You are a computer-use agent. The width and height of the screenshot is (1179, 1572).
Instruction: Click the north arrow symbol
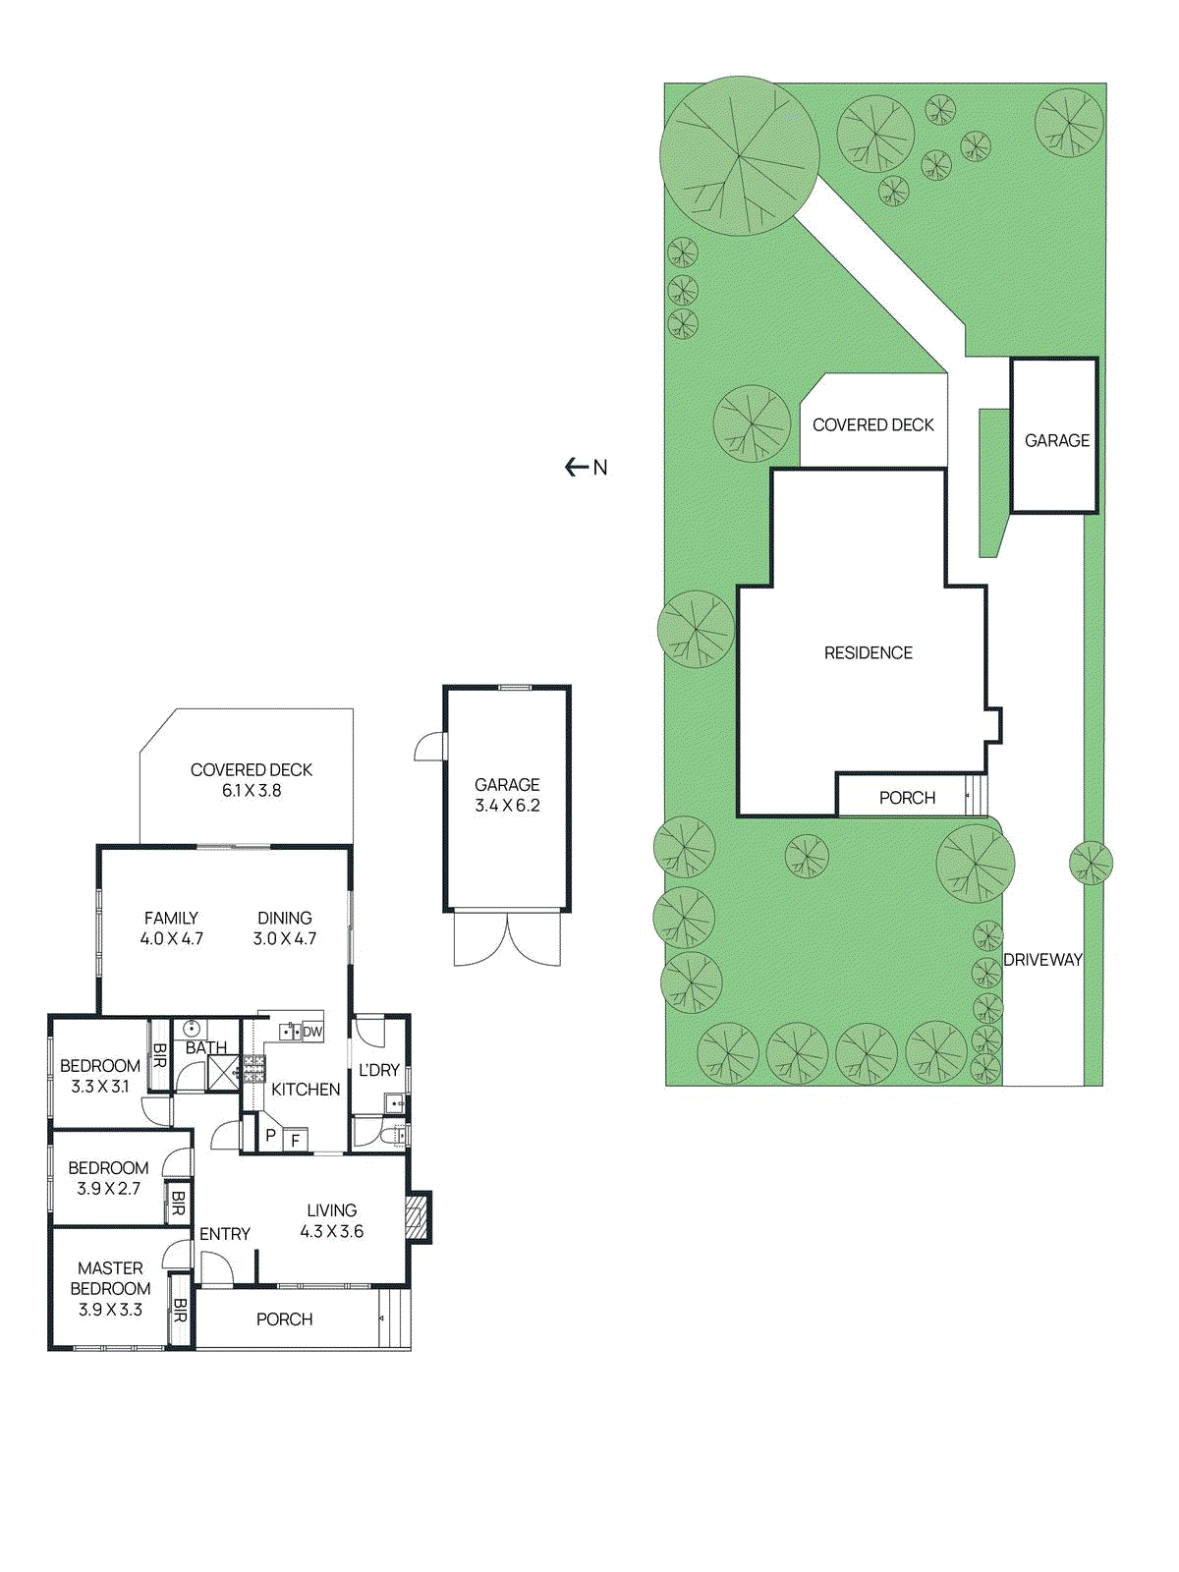pyautogui.click(x=578, y=468)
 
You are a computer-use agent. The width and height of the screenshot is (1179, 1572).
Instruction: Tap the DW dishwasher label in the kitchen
pyautogui.click(x=312, y=1032)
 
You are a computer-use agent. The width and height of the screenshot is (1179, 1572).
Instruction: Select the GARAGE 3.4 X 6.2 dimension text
pyautogui.click(x=507, y=795)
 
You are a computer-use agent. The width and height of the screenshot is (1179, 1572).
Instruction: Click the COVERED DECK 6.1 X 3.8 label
pyautogui.click(x=252, y=780)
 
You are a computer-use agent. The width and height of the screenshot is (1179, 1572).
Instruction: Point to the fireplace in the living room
pyautogui.click(x=418, y=1217)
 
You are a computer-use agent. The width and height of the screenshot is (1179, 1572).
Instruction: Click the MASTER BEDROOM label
pyautogui.click(x=110, y=1288)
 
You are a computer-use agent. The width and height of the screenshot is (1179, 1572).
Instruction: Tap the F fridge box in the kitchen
pyautogui.click(x=295, y=1141)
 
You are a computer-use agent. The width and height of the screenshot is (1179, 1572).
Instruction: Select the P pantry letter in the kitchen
pyautogui.click(x=270, y=1136)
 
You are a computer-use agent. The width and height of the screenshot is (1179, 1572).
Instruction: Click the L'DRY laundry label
pyautogui.click(x=378, y=1070)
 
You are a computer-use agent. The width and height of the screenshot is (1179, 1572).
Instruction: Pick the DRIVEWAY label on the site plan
pyautogui.click(x=1042, y=960)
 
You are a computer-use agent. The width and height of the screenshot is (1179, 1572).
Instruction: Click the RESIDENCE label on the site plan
pyautogui.click(x=868, y=653)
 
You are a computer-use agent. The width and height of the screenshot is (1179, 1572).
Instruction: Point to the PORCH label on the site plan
pyautogui.click(x=907, y=798)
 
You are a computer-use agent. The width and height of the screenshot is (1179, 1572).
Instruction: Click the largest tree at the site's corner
pyautogui.click(x=739, y=155)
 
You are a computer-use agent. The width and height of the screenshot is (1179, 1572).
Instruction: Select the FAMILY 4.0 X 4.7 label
pyautogui.click(x=171, y=928)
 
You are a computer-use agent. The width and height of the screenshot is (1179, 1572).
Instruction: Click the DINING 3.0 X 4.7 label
pyautogui.click(x=285, y=928)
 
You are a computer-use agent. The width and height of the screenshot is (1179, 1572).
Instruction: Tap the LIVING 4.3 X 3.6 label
pyautogui.click(x=332, y=1221)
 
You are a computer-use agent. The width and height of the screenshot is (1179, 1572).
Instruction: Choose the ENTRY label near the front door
pyautogui.click(x=225, y=1234)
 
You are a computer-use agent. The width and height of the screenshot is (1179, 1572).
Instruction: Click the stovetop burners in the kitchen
pyautogui.click(x=254, y=1069)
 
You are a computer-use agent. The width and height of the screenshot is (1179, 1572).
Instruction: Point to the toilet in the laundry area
pyautogui.click(x=394, y=1137)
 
